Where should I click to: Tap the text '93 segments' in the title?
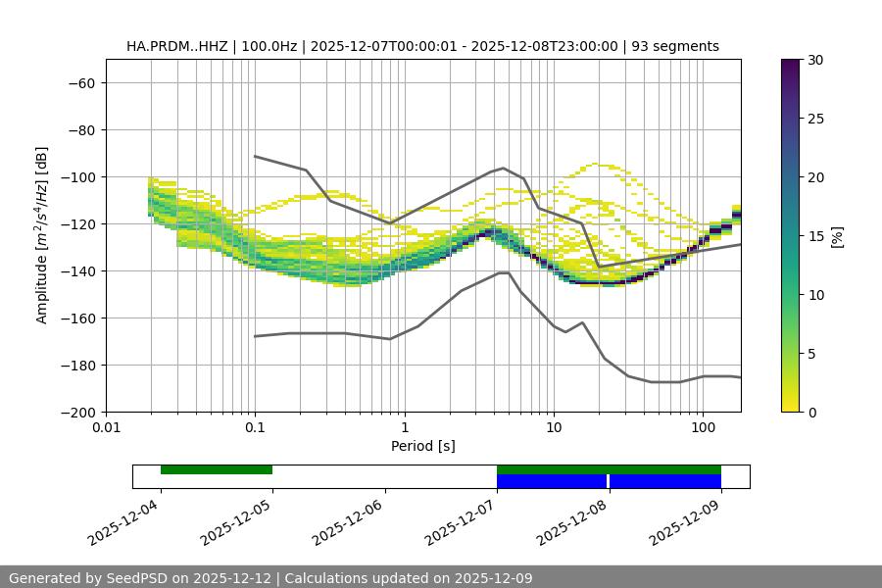[678, 46]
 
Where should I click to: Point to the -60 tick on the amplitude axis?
[80, 82]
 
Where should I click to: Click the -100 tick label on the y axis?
[77, 176]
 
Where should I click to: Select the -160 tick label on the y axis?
[77, 318]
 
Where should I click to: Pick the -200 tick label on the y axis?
[77, 412]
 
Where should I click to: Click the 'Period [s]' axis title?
[422, 446]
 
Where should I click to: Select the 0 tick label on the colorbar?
[808, 412]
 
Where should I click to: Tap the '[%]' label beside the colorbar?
[837, 236]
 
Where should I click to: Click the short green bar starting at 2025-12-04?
[216, 469]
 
